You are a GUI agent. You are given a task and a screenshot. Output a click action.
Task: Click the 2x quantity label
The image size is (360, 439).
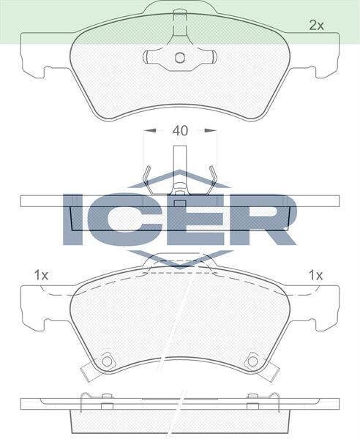tap(315, 25)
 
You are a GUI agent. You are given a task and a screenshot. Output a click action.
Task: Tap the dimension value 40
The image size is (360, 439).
tap(180, 131)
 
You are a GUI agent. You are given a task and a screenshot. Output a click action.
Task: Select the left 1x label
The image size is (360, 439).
tap(41, 276)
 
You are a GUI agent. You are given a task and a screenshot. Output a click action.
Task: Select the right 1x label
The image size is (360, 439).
tap(315, 276)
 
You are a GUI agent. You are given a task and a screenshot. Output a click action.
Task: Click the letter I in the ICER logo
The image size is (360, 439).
tap(75, 219)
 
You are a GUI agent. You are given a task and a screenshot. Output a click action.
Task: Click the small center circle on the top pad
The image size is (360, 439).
tap(179, 58)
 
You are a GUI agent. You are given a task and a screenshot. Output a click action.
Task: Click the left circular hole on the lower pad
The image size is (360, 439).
tap(107, 360)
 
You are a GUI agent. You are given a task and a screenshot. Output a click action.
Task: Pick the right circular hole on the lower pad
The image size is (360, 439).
tap(253, 360)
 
